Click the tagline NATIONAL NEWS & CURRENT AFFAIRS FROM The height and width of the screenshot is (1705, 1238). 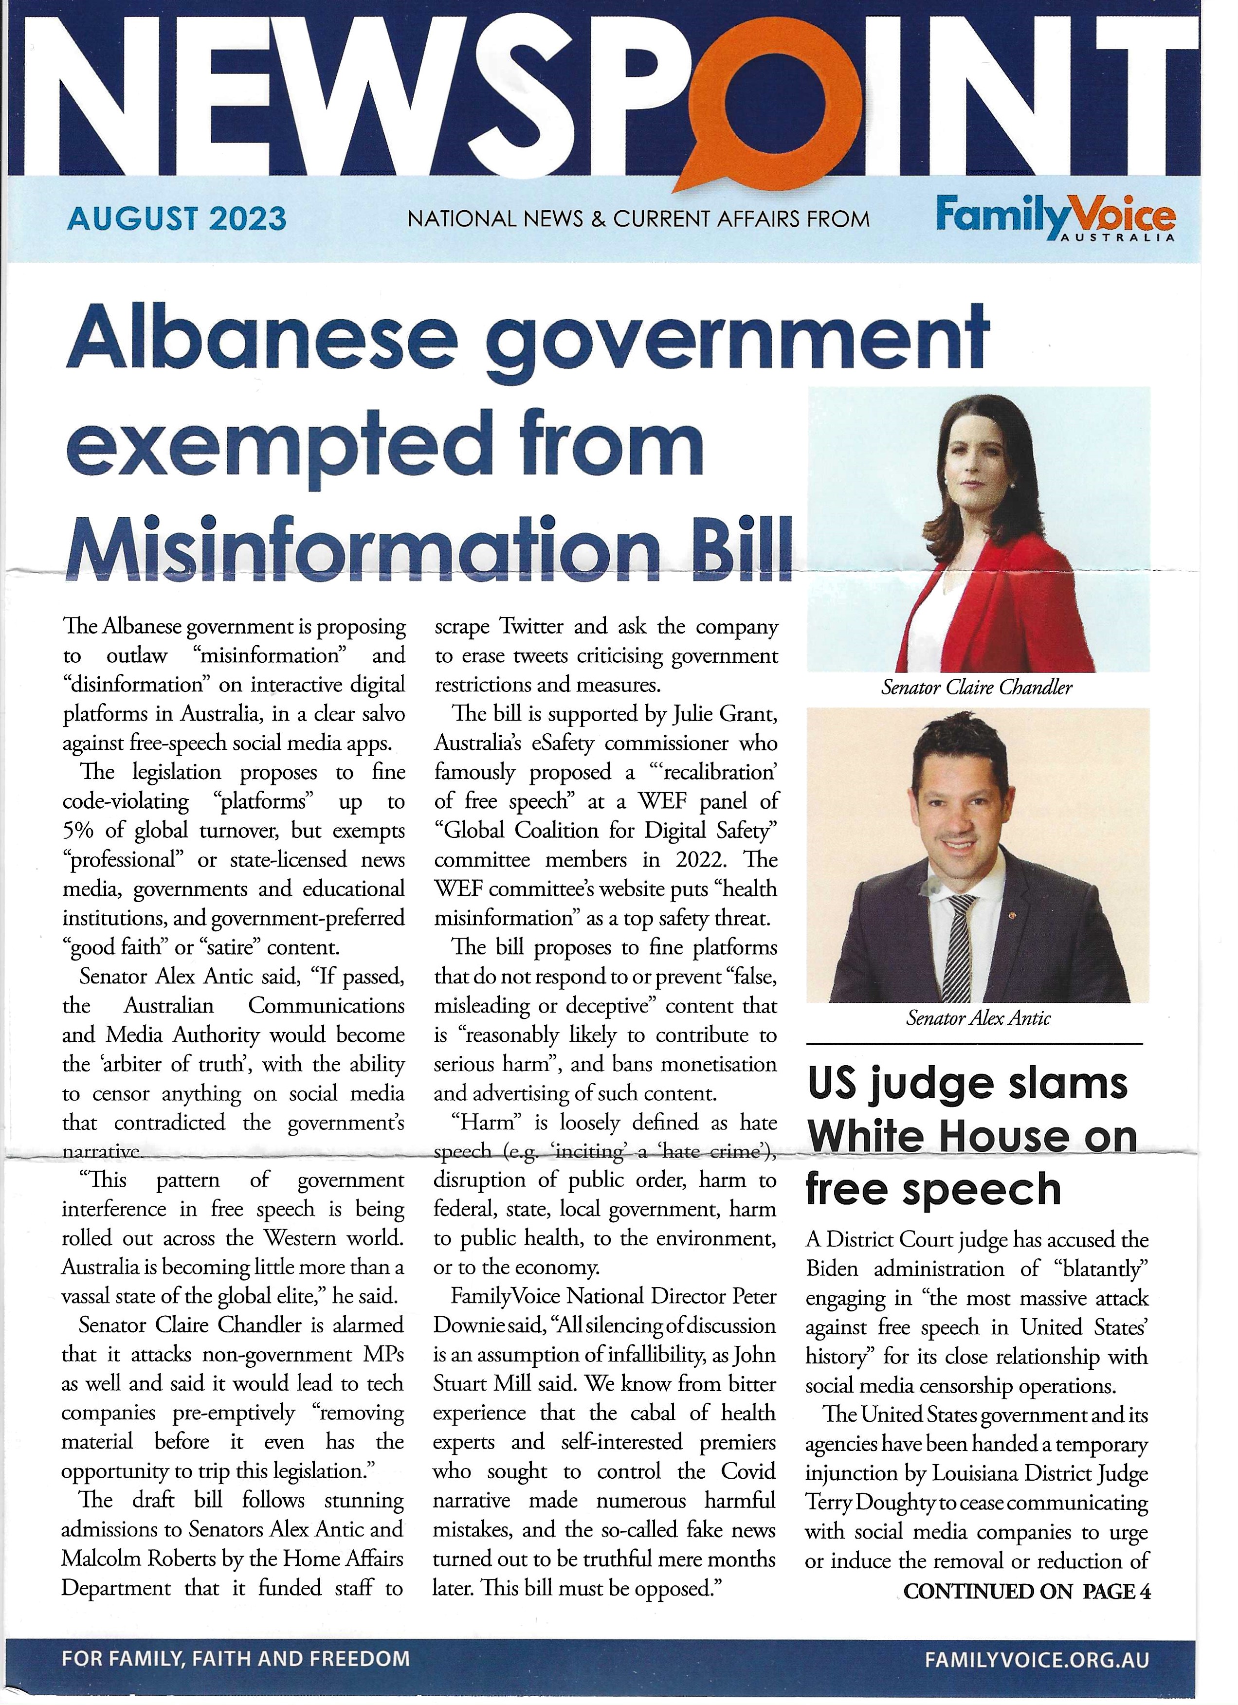(x=638, y=219)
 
